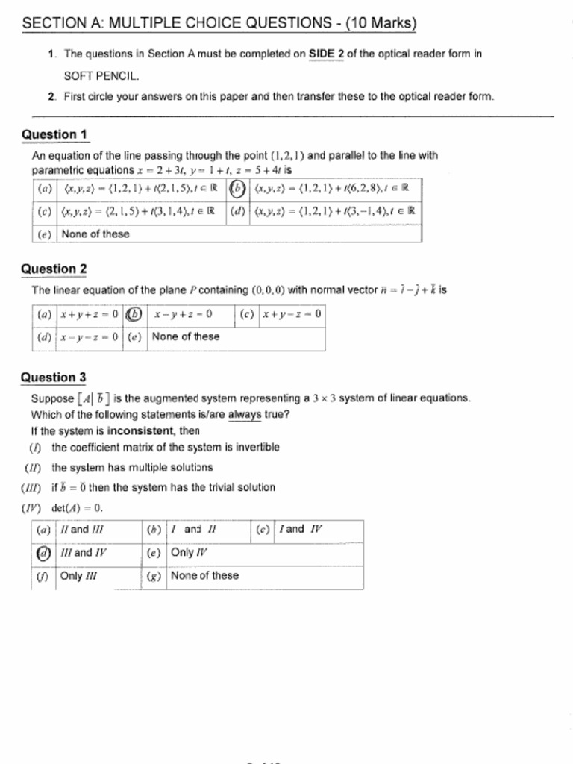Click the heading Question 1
[x=55, y=134]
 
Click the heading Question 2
[x=54, y=269]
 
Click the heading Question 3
[x=54, y=378]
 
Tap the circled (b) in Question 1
[x=237, y=188]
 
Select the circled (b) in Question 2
[x=134, y=314]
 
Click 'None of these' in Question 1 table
[x=95, y=234]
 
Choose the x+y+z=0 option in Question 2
[x=89, y=314]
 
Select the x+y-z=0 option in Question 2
[x=291, y=314]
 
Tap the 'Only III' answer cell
[x=78, y=576]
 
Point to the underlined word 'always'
[x=245, y=415]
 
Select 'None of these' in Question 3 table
[x=204, y=576]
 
